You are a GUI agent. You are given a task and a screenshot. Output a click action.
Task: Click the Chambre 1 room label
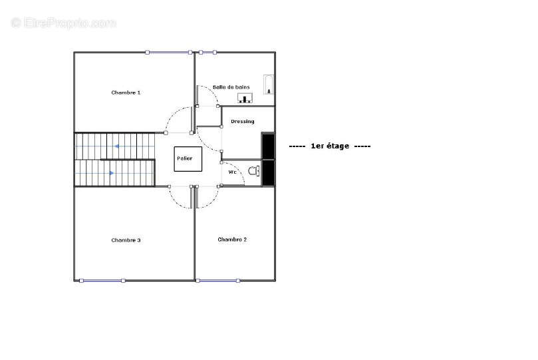[x=126, y=92]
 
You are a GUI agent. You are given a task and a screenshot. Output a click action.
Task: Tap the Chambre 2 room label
[x=232, y=239]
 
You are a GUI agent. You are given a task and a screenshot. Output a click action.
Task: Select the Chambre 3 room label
[x=126, y=240]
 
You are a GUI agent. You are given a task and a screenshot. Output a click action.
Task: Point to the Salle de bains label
[x=231, y=87]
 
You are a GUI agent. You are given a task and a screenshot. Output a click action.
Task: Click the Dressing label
[x=243, y=122]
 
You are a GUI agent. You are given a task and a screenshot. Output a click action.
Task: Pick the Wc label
[x=232, y=172]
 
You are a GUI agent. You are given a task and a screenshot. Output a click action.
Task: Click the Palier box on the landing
[x=188, y=159]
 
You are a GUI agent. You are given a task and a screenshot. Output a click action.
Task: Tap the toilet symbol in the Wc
[x=254, y=170]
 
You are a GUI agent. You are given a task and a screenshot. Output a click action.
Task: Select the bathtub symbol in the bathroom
[x=269, y=85]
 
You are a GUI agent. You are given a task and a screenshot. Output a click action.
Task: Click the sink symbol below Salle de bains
[x=245, y=98]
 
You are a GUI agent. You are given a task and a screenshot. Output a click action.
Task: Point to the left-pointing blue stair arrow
[x=116, y=146]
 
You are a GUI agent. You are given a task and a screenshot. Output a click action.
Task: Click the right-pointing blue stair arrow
[x=112, y=173]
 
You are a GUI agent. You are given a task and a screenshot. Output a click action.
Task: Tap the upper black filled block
[x=268, y=146]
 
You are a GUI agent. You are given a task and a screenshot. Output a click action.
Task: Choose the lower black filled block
[x=268, y=172]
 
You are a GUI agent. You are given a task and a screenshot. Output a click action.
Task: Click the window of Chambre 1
[x=168, y=52]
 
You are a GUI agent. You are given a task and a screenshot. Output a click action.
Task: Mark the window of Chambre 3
[x=102, y=281]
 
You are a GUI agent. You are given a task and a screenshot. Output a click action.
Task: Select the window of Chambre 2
[x=218, y=281]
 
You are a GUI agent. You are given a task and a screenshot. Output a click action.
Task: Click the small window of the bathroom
[x=207, y=52]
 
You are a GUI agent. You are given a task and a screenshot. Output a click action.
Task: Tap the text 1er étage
[x=330, y=146]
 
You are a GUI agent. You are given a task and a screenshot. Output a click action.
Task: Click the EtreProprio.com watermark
[x=63, y=23]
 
